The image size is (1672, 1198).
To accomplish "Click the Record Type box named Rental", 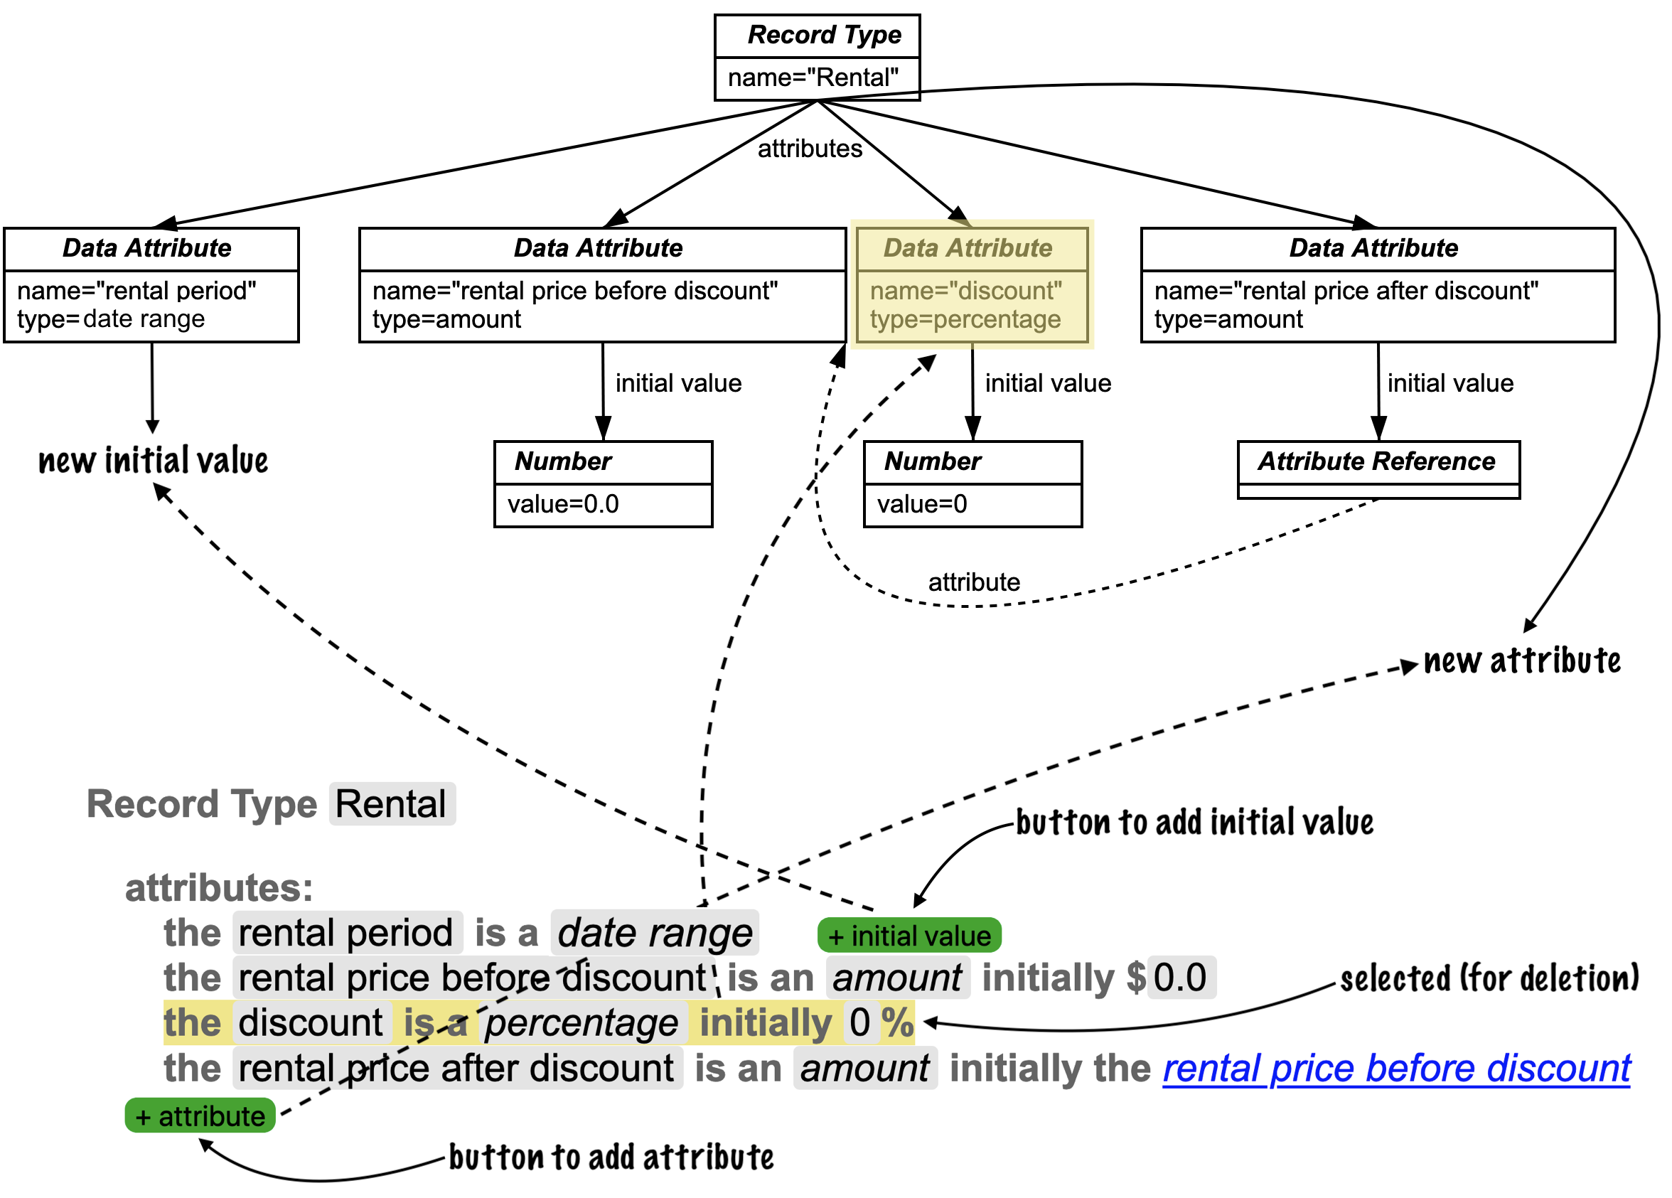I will pyautogui.click(x=817, y=57).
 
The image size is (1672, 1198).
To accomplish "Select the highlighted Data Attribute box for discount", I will pyautogui.click(x=972, y=284).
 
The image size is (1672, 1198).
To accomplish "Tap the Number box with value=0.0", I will pyautogui.click(x=603, y=484).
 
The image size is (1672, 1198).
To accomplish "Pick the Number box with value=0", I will pyautogui.click(x=972, y=484).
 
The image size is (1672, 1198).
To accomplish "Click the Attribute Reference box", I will pyautogui.click(x=1378, y=469).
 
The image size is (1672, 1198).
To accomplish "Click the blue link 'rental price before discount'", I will pyautogui.click(x=1396, y=1069).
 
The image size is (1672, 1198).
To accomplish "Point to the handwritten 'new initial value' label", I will pyautogui.click(x=154, y=461).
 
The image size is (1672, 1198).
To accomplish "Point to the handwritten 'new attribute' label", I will pyautogui.click(x=1521, y=660).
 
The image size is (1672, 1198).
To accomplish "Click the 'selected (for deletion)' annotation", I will pyautogui.click(x=1489, y=979).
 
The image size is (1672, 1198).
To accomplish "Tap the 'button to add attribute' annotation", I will pyautogui.click(x=611, y=1157).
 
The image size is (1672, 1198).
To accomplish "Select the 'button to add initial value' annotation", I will pyautogui.click(x=1194, y=822).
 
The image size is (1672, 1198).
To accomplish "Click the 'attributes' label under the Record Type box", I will pyautogui.click(x=810, y=149).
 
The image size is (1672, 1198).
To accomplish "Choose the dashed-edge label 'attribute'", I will pyautogui.click(x=974, y=582).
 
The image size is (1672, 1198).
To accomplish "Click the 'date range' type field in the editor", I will pyautogui.click(x=655, y=934).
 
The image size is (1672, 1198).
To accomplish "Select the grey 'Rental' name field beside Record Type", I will pyautogui.click(x=392, y=803).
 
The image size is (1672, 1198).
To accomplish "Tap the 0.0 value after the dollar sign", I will pyautogui.click(x=1180, y=978).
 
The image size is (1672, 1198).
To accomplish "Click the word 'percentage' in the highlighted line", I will pyautogui.click(x=582, y=1023).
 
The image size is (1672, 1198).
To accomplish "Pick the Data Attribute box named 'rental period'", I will pyautogui.click(x=151, y=284).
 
